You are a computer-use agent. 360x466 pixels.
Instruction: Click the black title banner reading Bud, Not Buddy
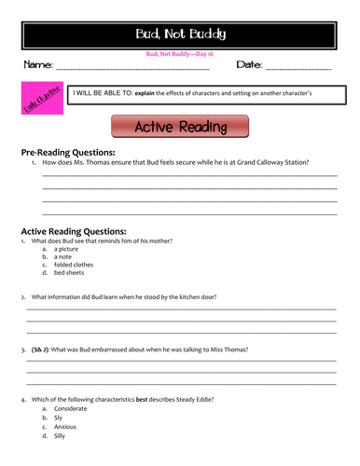pos(180,35)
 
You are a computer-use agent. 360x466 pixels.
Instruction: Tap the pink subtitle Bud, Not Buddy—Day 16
pos(180,54)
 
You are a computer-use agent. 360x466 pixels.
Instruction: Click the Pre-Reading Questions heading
pos(68,151)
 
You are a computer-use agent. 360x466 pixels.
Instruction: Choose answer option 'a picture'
pos(66,249)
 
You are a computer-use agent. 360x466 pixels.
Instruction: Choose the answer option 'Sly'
pos(59,418)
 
